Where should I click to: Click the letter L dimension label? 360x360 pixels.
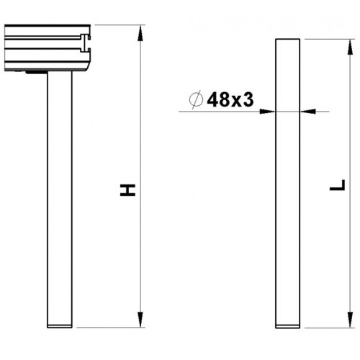[333, 189]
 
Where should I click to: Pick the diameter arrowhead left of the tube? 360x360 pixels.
[271, 112]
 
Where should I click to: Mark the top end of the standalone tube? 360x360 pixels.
[289, 41]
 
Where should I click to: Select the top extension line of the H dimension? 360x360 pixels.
[119, 26]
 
